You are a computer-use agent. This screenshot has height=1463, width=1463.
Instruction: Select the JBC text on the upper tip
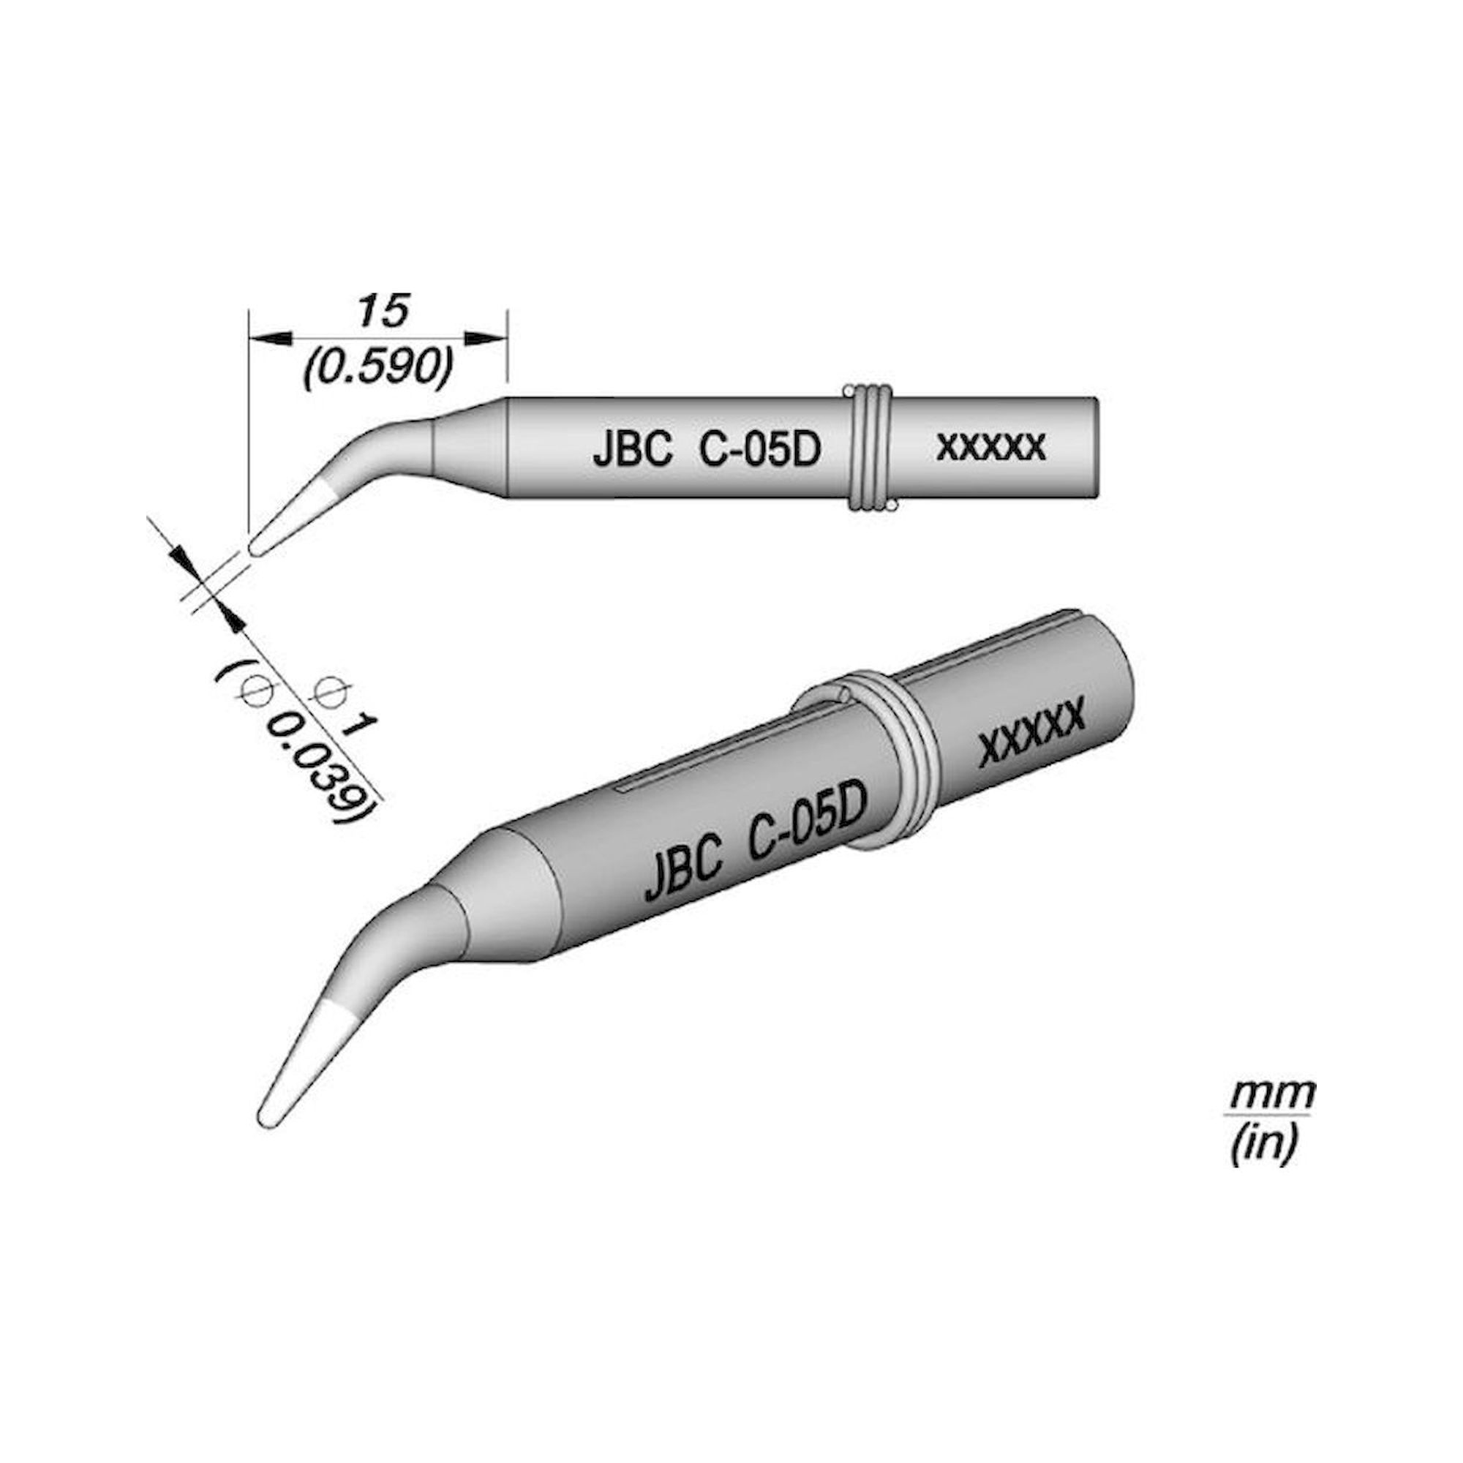[633, 452]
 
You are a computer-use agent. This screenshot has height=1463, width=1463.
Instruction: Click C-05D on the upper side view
[759, 452]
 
